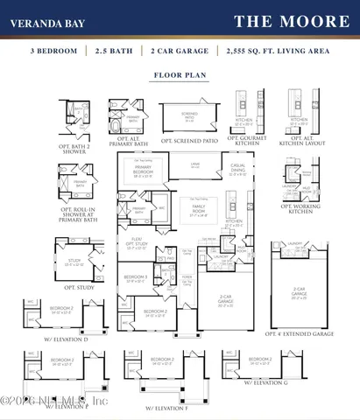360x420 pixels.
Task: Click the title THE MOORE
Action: tap(285, 19)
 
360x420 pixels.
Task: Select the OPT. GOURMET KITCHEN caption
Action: tap(246, 140)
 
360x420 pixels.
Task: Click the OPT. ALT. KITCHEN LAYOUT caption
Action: tap(301, 140)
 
